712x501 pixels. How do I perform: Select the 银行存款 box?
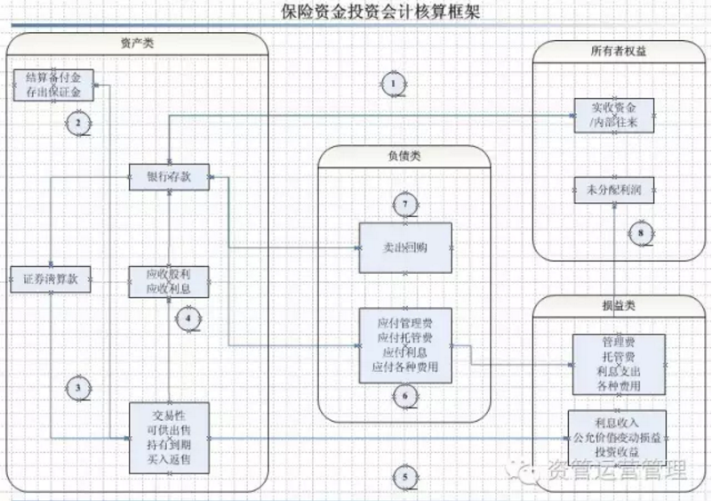(169, 177)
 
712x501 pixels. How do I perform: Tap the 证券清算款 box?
(50, 279)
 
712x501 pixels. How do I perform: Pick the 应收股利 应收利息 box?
(169, 281)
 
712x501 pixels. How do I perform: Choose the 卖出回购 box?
(405, 248)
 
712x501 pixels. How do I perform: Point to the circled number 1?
(392, 84)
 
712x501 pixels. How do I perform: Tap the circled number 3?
(78, 387)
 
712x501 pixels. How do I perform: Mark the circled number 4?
(188, 317)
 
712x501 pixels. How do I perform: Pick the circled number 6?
(405, 395)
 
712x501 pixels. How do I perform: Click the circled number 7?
(405, 205)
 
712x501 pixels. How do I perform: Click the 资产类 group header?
(137, 43)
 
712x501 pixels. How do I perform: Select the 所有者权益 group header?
(619, 51)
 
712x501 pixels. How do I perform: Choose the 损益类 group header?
(619, 305)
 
